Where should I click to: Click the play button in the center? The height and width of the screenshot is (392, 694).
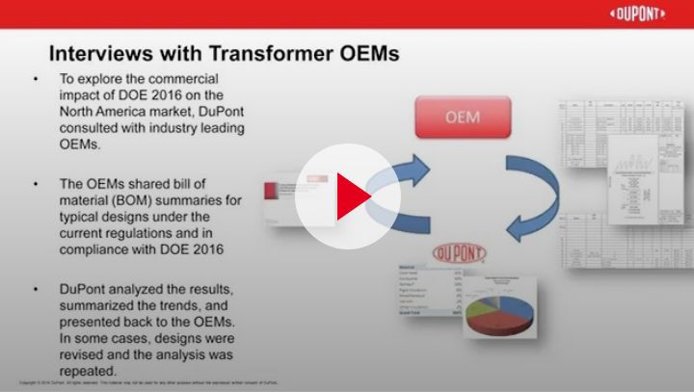(x=347, y=196)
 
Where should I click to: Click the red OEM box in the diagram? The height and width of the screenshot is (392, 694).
(x=462, y=121)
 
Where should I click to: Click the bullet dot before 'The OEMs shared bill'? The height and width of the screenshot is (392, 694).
(x=36, y=182)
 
